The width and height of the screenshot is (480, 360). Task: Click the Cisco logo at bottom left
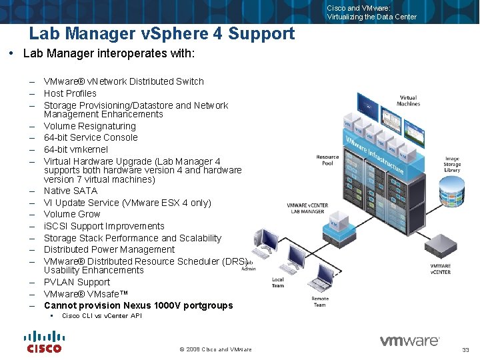(x=44, y=341)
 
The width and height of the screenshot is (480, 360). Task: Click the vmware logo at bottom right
(x=409, y=341)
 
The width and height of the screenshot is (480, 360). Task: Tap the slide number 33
(x=465, y=350)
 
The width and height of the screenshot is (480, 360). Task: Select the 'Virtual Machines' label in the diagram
(x=408, y=101)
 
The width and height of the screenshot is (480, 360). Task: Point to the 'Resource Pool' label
(x=327, y=160)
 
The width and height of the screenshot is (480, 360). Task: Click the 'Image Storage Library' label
(x=453, y=165)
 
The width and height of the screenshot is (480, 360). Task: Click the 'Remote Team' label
(x=320, y=301)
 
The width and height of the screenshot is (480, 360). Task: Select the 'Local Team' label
(x=278, y=283)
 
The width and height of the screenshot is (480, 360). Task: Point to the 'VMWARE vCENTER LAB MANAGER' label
(x=306, y=208)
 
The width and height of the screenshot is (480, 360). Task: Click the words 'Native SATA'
(x=71, y=191)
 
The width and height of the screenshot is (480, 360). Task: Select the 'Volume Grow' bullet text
(x=72, y=214)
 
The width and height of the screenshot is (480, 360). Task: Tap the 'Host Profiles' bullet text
(x=70, y=93)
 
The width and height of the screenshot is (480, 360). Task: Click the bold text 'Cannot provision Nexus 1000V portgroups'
(x=139, y=305)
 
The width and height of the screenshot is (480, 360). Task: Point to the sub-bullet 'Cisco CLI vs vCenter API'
(x=102, y=316)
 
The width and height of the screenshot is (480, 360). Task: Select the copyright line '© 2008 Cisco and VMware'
(x=216, y=349)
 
